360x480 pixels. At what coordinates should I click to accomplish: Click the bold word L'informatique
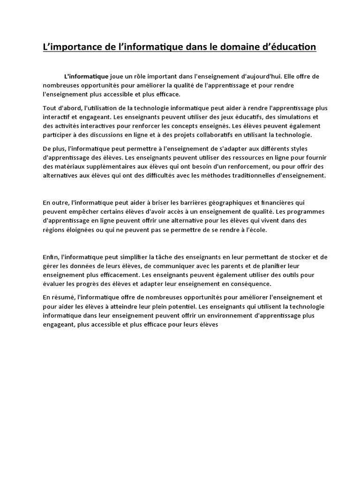click(x=86, y=76)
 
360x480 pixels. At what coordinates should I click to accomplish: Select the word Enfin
click(x=50, y=257)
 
